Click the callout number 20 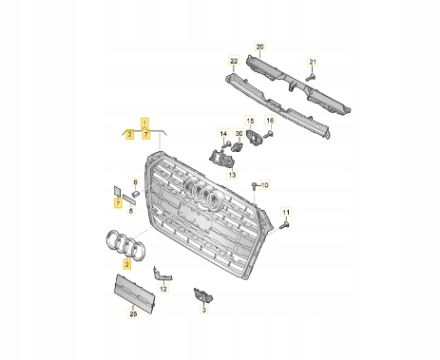(259, 47)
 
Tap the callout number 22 (234, 61)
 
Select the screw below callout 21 (311, 77)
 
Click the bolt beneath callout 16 (268, 134)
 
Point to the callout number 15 (250, 121)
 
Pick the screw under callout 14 (226, 145)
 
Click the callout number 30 (239, 134)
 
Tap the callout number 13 (232, 175)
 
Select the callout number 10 (264, 185)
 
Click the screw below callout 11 (284, 226)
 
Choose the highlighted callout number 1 (144, 123)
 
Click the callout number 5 (131, 210)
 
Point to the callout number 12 (163, 289)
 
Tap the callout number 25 (133, 313)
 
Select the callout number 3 (204, 310)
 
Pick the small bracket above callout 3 (203, 295)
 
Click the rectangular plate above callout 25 (134, 293)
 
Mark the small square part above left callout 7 (117, 191)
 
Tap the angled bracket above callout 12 (163, 275)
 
